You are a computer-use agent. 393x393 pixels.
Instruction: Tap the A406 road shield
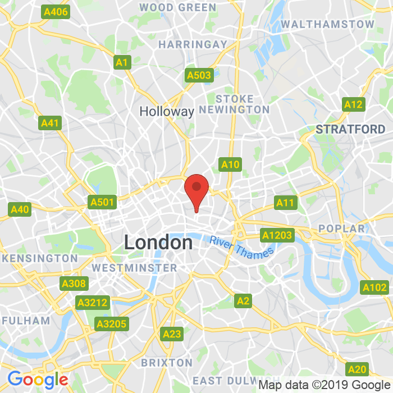tap(56, 12)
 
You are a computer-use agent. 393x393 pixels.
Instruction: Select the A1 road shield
tap(122, 62)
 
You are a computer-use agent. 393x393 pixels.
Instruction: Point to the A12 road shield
tap(353, 104)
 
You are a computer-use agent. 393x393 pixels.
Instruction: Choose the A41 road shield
tap(51, 123)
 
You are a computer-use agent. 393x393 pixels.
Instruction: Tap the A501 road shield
tap(102, 202)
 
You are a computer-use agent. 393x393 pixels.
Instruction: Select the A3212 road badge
tap(93, 303)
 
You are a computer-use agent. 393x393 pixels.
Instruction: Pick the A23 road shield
tap(172, 334)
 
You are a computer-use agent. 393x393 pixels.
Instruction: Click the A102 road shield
tap(374, 287)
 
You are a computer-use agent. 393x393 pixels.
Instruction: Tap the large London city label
tap(158, 243)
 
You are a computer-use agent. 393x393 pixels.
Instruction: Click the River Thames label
tap(241, 248)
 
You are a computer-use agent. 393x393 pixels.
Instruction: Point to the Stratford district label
tap(350, 129)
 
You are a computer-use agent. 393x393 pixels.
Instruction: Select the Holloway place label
tap(167, 111)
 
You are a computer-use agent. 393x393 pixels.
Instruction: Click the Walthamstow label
tap(327, 24)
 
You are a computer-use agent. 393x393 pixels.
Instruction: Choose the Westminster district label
tap(135, 268)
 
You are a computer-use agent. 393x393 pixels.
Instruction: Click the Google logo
tap(38, 380)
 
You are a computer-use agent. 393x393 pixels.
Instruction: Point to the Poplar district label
tap(341, 229)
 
